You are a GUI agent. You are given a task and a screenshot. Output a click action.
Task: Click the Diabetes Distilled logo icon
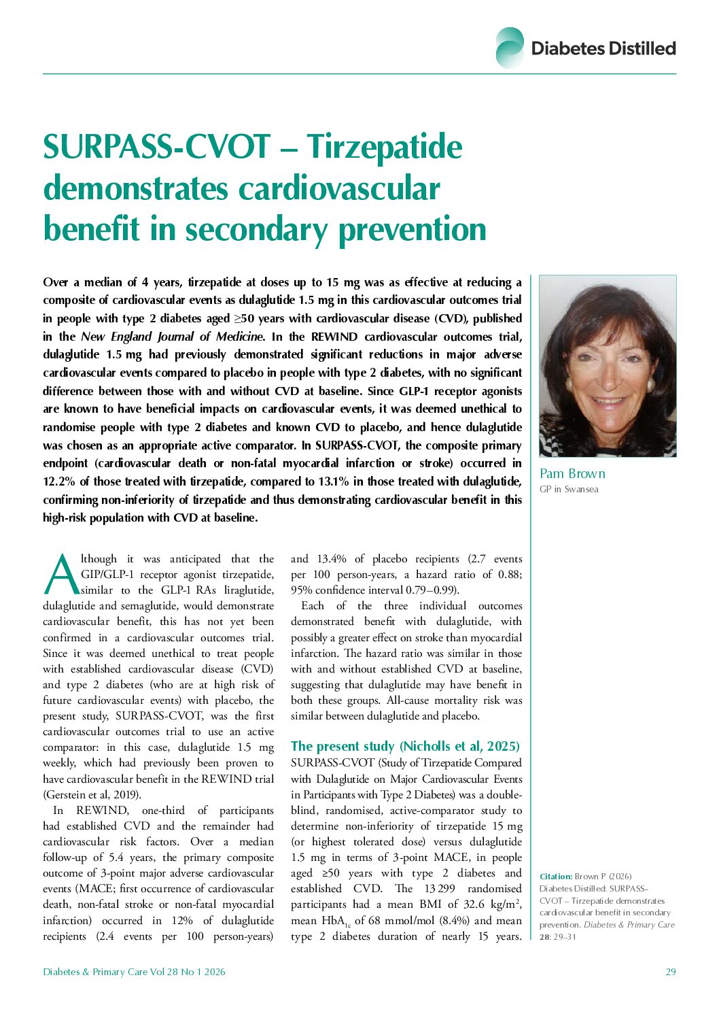click(x=510, y=47)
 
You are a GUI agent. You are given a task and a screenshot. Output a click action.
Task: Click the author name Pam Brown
click(x=572, y=474)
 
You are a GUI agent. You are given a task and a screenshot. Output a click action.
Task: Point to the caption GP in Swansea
click(x=569, y=490)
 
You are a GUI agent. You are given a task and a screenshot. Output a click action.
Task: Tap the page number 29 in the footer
click(x=670, y=972)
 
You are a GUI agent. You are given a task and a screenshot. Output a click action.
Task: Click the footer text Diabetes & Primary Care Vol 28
click(x=134, y=972)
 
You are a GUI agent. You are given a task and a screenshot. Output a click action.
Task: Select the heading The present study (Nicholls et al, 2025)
click(x=405, y=746)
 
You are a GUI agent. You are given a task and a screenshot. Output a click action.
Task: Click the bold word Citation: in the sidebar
click(x=555, y=876)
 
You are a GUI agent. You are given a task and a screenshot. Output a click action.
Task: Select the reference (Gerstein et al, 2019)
click(x=92, y=794)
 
